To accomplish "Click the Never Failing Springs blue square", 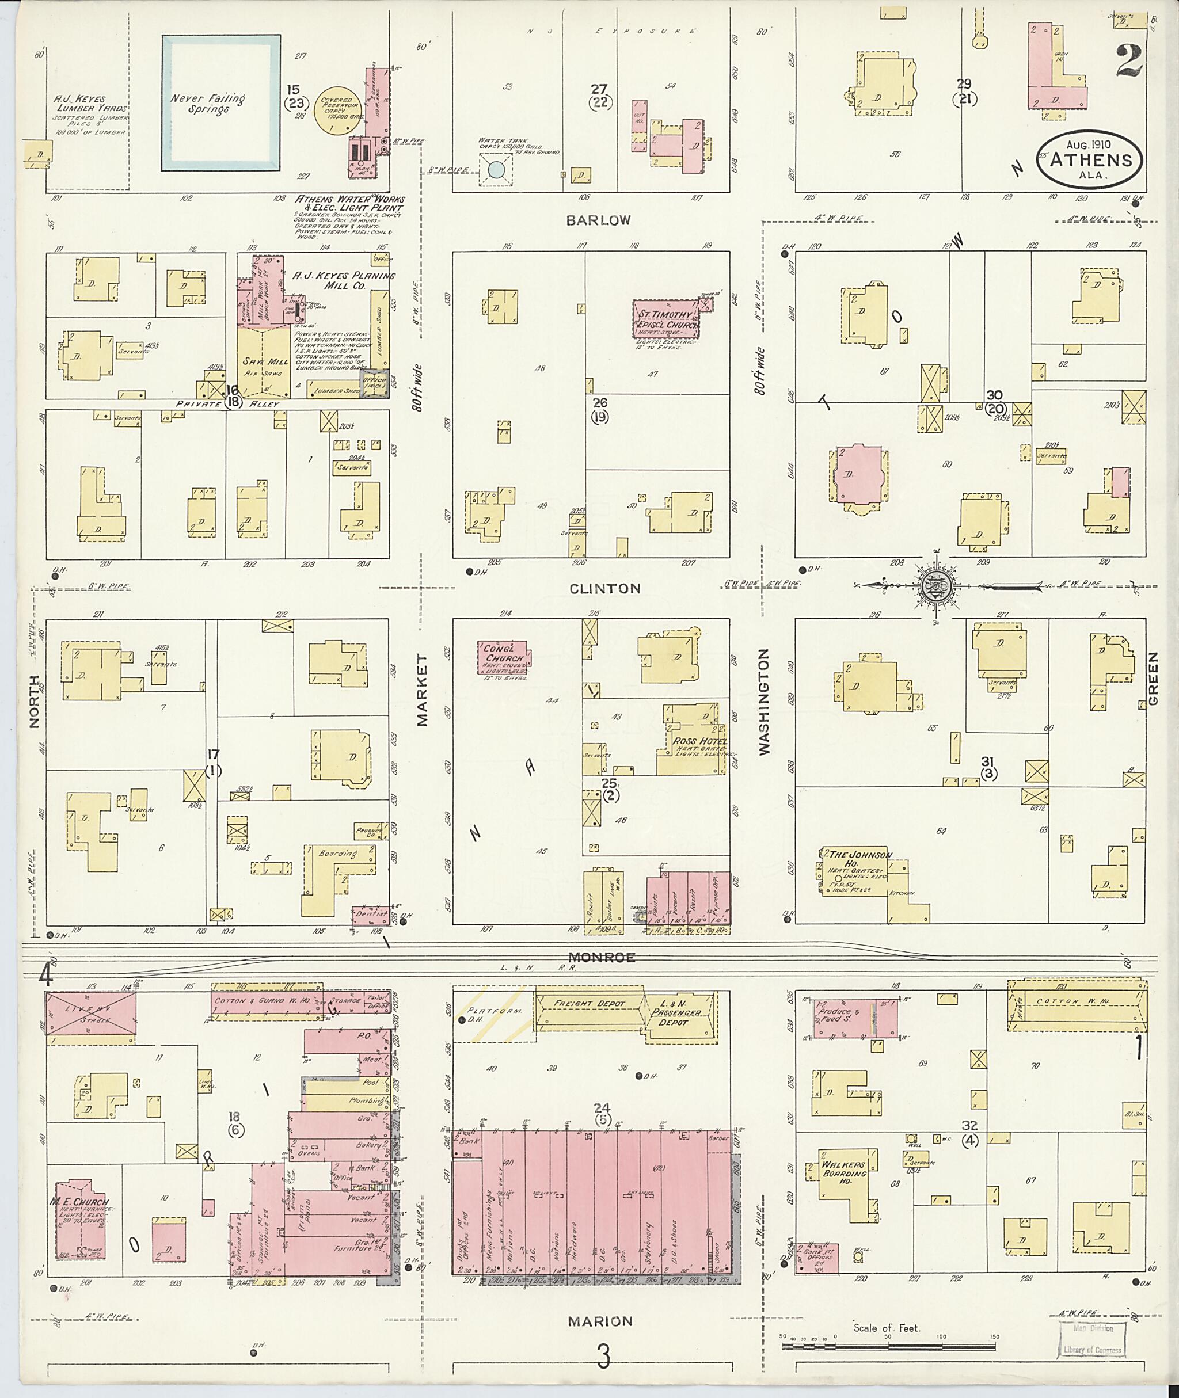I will [x=220, y=103].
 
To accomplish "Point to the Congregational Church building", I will [x=503, y=658].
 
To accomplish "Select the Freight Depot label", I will [x=590, y=1004].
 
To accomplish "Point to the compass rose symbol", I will [x=934, y=586].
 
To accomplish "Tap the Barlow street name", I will [x=598, y=220].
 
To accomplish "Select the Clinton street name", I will [x=605, y=588].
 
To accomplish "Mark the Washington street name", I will [x=764, y=702].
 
